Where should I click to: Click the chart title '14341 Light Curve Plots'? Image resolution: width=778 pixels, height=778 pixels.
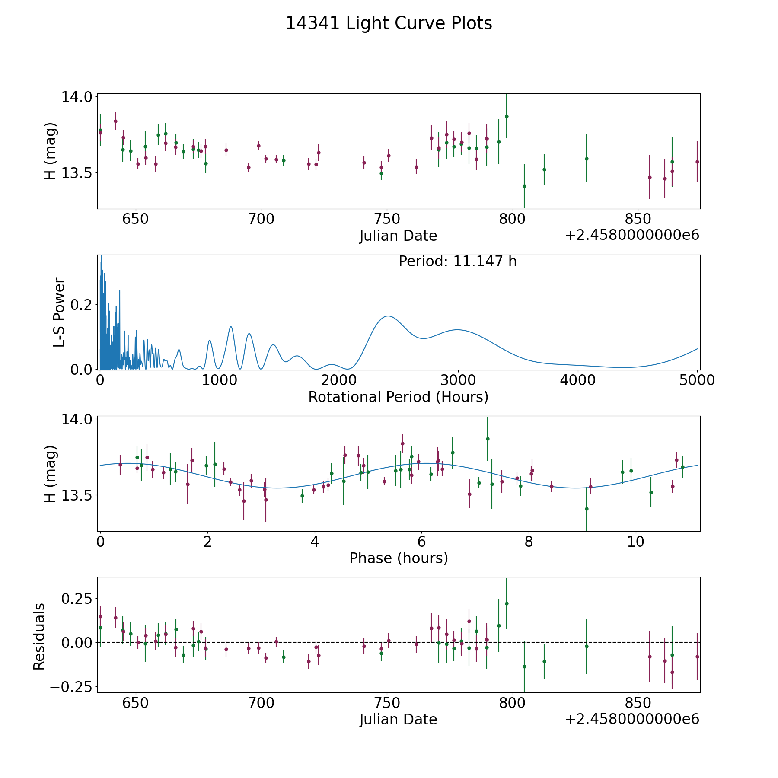pyautogui.click(x=389, y=23)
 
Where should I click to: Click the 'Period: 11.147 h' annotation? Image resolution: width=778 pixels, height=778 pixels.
pyautogui.click(x=457, y=261)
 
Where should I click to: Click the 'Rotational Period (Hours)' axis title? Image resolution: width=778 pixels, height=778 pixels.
pyautogui.click(x=398, y=397)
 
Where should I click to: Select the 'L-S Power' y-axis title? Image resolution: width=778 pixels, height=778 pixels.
pyautogui.click(x=60, y=312)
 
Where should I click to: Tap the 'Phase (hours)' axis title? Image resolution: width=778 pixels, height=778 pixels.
pyautogui.click(x=399, y=558)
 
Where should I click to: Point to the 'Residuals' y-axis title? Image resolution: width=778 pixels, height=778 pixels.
pyautogui.click(x=39, y=637)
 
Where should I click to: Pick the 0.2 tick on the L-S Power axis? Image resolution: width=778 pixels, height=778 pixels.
pyautogui.click(x=82, y=305)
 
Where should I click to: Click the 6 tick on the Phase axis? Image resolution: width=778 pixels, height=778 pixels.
pyautogui.click(x=422, y=542)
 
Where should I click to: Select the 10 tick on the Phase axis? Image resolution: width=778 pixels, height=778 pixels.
pyautogui.click(x=636, y=542)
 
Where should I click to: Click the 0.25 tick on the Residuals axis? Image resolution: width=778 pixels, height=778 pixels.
pyautogui.click(x=78, y=599)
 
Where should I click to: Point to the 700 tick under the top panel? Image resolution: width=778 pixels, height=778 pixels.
pyautogui.click(x=261, y=219)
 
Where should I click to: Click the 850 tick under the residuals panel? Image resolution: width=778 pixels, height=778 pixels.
pyautogui.click(x=638, y=703)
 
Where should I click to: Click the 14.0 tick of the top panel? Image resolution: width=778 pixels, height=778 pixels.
pyautogui.click(x=77, y=97)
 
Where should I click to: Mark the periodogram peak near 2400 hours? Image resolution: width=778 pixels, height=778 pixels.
pyautogui.click(x=388, y=316)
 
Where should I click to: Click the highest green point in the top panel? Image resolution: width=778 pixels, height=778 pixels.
pyautogui.click(x=507, y=116)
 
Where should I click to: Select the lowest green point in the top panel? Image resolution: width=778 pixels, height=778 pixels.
pyautogui.click(x=524, y=186)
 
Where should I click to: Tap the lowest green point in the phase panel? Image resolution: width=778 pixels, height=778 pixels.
pyautogui.click(x=587, y=509)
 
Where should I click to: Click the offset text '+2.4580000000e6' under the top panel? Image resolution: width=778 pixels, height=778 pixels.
pyautogui.click(x=632, y=236)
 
